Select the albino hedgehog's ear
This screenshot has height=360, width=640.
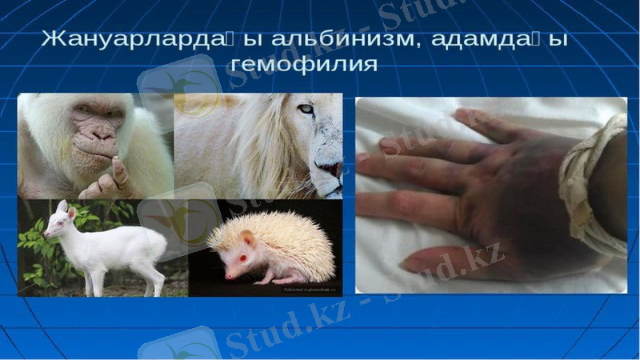pyautogui.click(x=249, y=237)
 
